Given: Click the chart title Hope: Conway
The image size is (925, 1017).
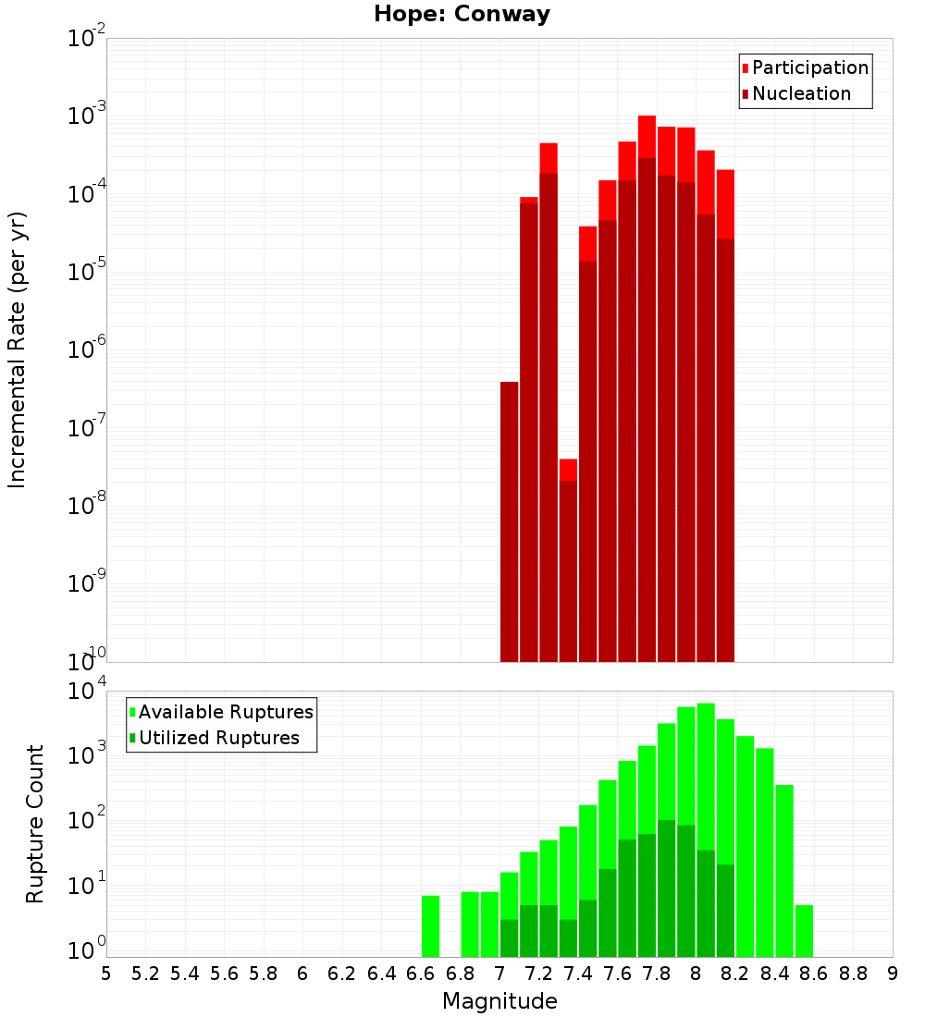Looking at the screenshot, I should click(462, 15).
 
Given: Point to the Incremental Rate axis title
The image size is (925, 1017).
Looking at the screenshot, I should click(18, 349).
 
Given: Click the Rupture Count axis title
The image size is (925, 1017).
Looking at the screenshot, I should click(35, 823).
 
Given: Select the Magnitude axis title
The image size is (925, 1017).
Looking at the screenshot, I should click(499, 1001).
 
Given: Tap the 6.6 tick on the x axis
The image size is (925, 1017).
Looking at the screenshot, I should click(420, 974).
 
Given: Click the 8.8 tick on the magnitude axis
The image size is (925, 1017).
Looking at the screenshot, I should click(853, 974).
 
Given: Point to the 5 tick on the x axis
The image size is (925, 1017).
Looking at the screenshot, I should click(106, 974).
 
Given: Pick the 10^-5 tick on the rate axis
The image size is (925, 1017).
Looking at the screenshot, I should click(81, 272).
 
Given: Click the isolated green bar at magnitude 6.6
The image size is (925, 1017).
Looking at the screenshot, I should click(430, 925).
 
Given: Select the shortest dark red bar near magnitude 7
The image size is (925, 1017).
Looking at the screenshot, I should click(509, 521).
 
